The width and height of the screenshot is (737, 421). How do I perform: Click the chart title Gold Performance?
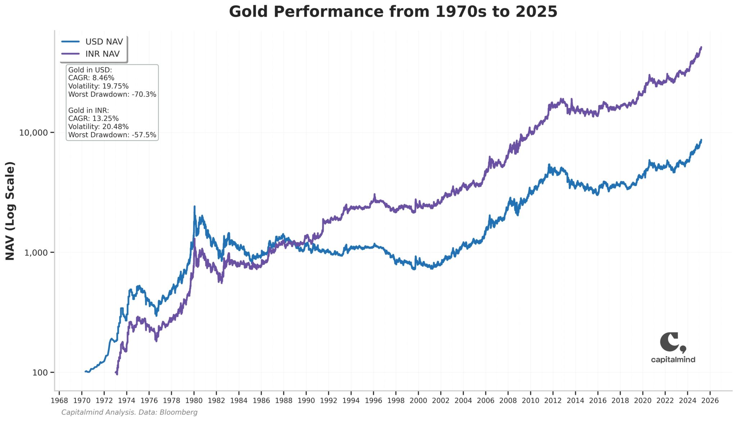click(x=393, y=12)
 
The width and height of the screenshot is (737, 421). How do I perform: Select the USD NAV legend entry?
click(x=104, y=42)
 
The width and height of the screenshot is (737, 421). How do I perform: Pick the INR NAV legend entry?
click(x=102, y=54)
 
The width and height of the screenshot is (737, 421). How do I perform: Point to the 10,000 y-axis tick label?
click(x=33, y=133)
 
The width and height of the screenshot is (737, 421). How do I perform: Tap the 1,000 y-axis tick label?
click(x=36, y=253)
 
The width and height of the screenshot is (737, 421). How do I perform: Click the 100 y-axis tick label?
click(x=40, y=373)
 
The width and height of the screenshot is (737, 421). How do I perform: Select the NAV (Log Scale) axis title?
click(x=10, y=211)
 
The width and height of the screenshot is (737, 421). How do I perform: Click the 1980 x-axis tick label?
click(x=194, y=401)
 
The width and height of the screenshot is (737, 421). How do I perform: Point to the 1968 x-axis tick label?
click(x=59, y=401)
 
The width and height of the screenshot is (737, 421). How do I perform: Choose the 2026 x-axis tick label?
click(x=710, y=401)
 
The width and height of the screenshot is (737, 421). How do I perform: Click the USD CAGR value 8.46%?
click(x=103, y=78)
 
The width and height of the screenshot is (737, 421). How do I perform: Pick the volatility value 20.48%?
click(x=116, y=127)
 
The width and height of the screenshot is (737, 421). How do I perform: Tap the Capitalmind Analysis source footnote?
click(x=129, y=412)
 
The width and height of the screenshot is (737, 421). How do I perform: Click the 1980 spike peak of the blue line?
click(x=195, y=207)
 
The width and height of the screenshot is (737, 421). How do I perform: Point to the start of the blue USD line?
click(x=85, y=371)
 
